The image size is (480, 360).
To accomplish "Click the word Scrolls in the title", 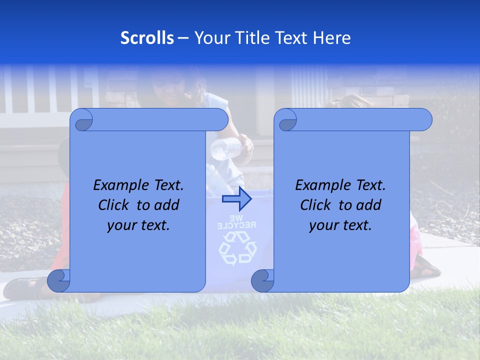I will [x=147, y=38].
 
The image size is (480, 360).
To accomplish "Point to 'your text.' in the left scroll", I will [x=138, y=225].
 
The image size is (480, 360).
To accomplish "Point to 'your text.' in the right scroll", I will [x=340, y=225].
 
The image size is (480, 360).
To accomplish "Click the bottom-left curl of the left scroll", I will [x=58, y=281].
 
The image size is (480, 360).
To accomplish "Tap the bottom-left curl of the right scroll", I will [x=262, y=281].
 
